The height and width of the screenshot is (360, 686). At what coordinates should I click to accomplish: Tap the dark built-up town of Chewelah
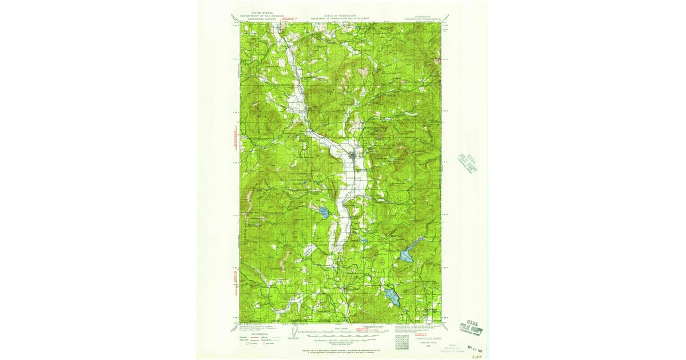pyautogui.click(x=354, y=154)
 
